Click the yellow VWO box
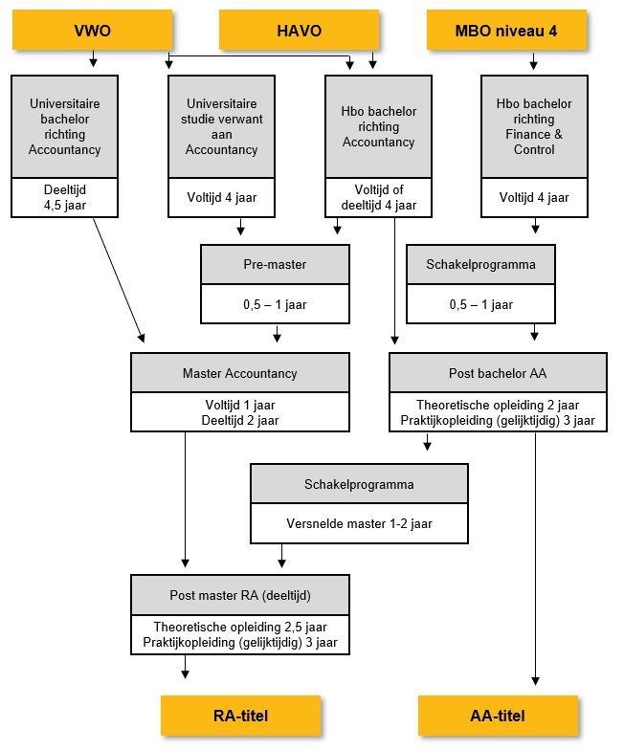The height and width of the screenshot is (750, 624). pos(92,31)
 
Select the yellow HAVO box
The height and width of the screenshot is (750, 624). pos(299,31)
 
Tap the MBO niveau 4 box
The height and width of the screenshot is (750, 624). pos(506,31)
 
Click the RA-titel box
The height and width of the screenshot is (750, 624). pos(241,716)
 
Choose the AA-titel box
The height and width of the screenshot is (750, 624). pos(498,716)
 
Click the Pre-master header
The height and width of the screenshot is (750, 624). pos(275,264)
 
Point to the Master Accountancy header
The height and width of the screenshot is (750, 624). pos(239,373)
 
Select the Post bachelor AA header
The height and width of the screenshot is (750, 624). pos(498,373)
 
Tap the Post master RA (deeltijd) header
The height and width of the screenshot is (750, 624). pos(239,595)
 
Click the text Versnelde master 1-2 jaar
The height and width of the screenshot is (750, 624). pos(359,524)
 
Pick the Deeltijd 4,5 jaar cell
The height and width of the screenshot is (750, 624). pos(65,197)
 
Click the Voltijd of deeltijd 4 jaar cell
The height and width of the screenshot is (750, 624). pos(379,197)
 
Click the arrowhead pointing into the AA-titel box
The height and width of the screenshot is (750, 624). pos(536,681)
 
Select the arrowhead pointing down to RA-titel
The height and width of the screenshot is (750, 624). pos(186,674)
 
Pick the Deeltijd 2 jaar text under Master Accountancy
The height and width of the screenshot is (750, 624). pos(239,421)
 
